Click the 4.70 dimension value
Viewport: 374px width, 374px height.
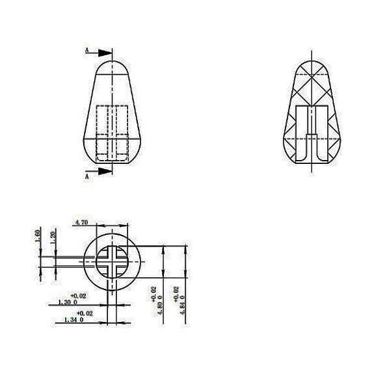pos(83,222)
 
